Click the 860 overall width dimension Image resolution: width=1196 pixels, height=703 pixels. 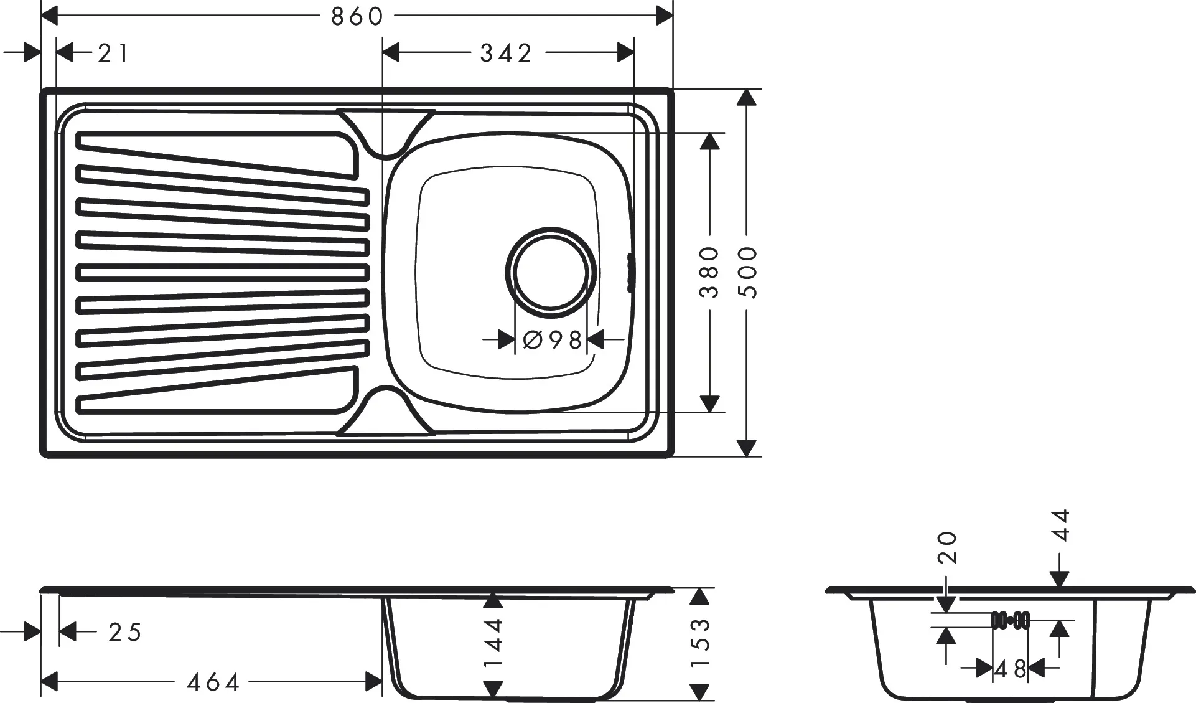(x=357, y=17)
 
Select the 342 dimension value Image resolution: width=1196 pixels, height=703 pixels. (x=506, y=54)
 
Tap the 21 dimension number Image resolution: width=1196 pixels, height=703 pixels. (x=113, y=54)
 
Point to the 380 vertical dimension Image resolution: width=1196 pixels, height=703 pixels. (x=709, y=272)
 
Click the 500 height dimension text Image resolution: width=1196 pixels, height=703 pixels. (x=749, y=272)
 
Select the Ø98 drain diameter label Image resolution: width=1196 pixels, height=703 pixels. (x=552, y=340)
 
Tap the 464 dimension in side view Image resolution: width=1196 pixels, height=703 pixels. (x=213, y=682)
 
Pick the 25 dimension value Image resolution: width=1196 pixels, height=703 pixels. (x=125, y=632)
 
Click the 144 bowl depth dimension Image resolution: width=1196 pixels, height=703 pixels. (x=493, y=641)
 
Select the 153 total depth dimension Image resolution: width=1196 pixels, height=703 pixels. (x=701, y=641)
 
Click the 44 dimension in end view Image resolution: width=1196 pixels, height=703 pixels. (x=1060, y=526)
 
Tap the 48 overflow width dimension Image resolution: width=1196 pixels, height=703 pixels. (x=1010, y=670)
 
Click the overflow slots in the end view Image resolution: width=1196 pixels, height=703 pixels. (x=1010, y=620)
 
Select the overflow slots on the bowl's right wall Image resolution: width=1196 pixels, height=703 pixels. (x=631, y=272)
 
